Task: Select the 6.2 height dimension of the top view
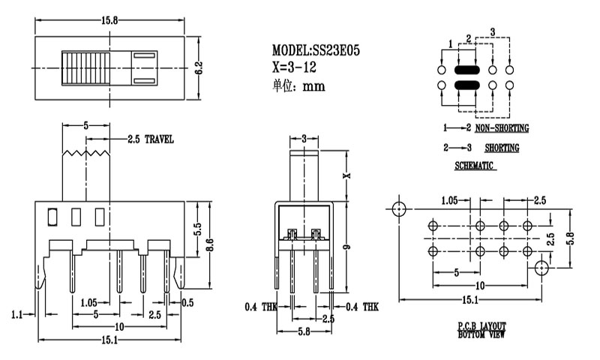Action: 199,67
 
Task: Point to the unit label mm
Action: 313,85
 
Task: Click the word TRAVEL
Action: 159,139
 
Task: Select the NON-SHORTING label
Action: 502,128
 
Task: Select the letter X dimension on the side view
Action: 346,175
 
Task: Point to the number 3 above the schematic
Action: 492,31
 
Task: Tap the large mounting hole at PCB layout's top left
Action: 398,206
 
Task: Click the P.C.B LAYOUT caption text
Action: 481,325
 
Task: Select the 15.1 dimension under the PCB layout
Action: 471,301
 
